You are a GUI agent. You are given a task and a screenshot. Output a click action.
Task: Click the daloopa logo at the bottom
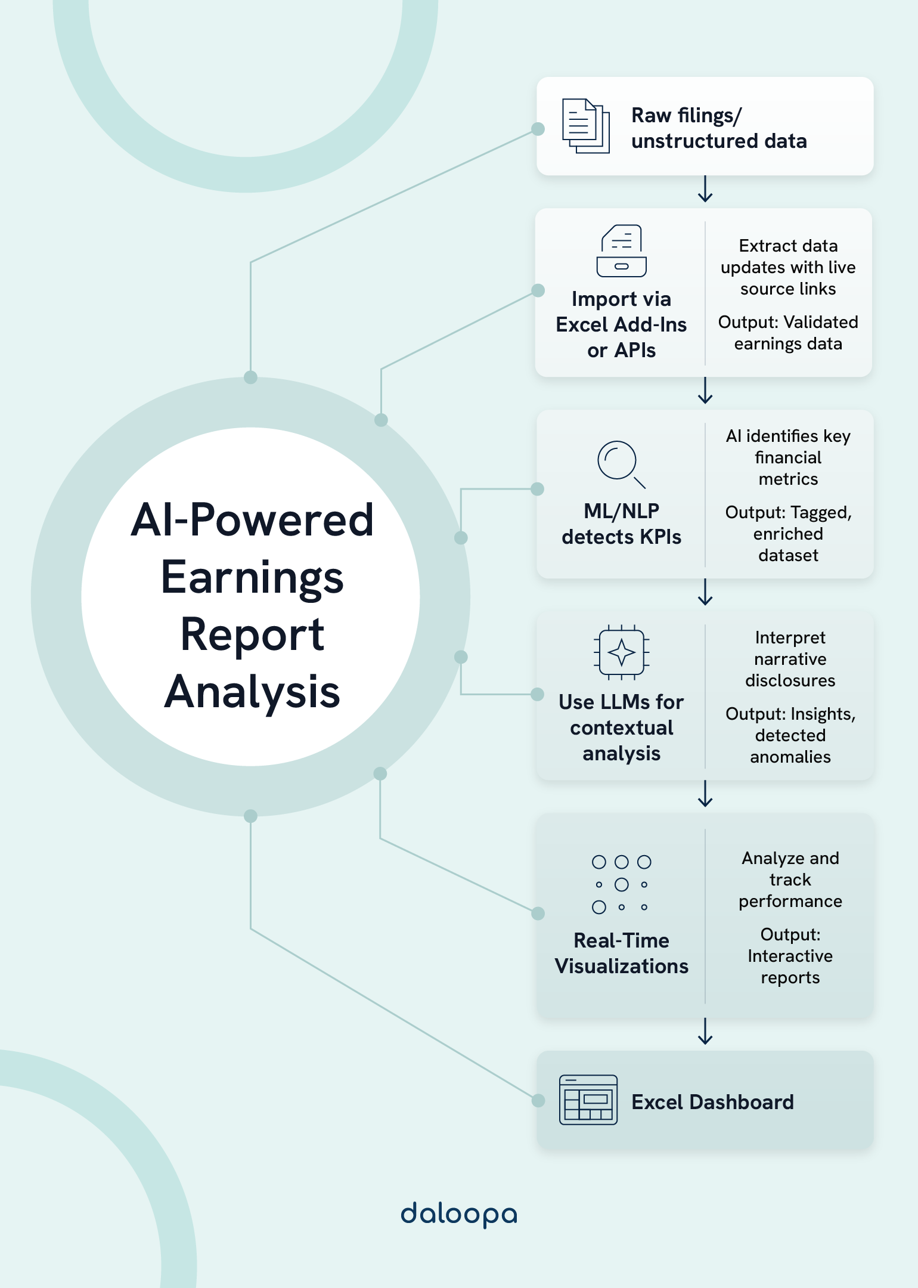[x=458, y=1214]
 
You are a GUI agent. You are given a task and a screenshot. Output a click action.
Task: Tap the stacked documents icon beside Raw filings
[x=585, y=126]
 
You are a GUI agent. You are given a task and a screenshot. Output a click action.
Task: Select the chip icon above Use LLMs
[x=621, y=652]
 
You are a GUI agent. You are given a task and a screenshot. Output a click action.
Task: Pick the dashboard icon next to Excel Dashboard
[x=588, y=1100]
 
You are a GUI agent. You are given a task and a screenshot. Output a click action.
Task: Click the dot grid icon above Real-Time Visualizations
[x=621, y=884]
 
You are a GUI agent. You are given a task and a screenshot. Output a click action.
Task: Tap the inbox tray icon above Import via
[x=621, y=251]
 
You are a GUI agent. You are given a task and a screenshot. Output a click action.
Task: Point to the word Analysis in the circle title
[x=252, y=692]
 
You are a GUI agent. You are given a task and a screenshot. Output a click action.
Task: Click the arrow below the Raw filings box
[x=705, y=189]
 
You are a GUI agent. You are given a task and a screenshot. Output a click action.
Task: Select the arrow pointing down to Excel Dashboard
[x=705, y=1031]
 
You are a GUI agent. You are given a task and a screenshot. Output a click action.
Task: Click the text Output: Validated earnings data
[x=787, y=333]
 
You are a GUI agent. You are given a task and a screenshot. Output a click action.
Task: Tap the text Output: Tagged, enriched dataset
[x=788, y=534]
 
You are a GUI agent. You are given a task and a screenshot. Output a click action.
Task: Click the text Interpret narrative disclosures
[x=790, y=659]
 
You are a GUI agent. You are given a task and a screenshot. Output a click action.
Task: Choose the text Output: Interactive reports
[x=790, y=956]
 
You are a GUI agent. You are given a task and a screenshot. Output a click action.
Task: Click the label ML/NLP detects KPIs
[x=621, y=524]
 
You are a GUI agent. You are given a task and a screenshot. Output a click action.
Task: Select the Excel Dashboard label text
[x=712, y=1102]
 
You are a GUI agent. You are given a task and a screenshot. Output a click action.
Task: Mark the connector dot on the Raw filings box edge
[x=538, y=129]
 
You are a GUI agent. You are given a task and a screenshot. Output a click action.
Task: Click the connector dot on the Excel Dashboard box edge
[x=538, y=1100]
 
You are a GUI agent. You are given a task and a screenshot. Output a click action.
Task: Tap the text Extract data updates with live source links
[x=787, y=267]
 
